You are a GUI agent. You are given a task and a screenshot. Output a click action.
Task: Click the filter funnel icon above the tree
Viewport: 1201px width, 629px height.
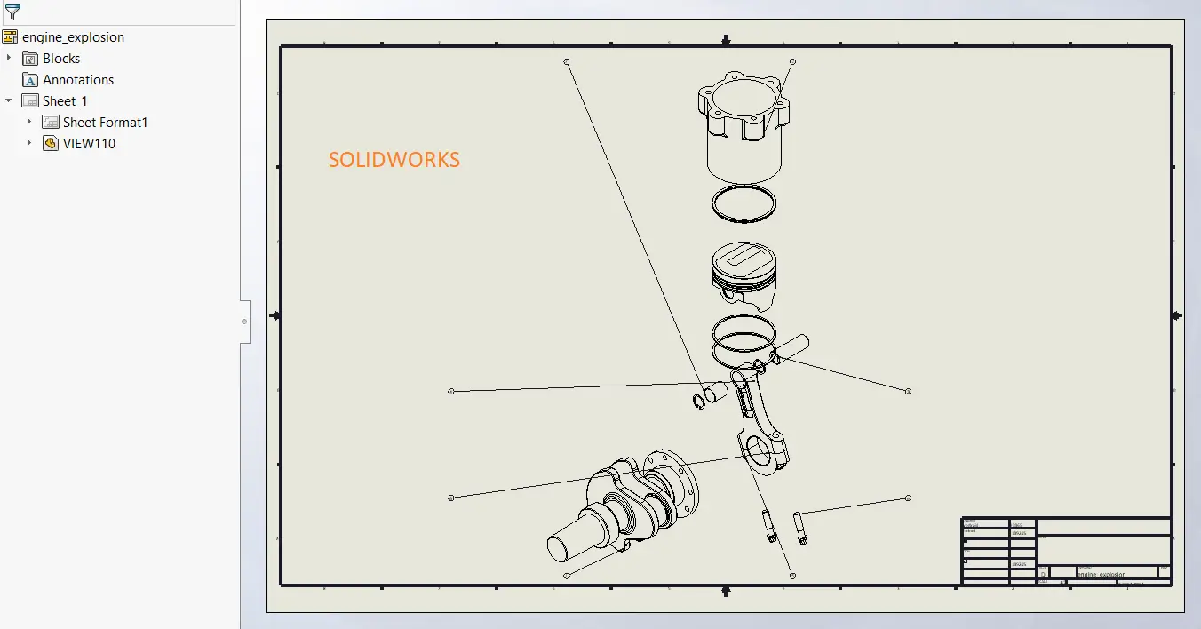coord(12,12)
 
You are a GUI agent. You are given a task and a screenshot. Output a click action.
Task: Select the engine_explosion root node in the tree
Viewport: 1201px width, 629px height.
coord(73,37)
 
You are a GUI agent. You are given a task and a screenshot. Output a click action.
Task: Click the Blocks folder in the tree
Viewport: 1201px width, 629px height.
coord(61,59)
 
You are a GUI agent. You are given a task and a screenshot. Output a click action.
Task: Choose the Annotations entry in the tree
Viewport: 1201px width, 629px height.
coord(78,80)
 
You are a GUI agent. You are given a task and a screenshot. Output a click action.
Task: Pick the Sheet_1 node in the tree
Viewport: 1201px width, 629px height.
coord(65,101)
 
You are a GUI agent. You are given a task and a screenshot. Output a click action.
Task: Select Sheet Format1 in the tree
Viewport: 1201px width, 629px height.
coord(105,123)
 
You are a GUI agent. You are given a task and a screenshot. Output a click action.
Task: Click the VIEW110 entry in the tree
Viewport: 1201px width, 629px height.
coord(89,144)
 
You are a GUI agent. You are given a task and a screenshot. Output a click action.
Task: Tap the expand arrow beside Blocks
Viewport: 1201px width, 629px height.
coord(9,59)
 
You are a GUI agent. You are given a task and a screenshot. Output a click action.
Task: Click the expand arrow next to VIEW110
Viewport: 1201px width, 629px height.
coord(29,144)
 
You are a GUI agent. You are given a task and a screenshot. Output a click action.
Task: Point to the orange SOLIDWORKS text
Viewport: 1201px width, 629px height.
coord(394,160)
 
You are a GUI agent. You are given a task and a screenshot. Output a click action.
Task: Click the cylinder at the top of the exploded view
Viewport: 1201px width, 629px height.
coord(744,129)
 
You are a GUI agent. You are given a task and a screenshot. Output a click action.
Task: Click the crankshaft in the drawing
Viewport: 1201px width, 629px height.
coord(622,506)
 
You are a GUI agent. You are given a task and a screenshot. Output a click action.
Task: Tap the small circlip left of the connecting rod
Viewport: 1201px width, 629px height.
coord(698,402)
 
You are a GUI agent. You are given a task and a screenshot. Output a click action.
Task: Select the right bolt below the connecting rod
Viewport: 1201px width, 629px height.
coord(800,528)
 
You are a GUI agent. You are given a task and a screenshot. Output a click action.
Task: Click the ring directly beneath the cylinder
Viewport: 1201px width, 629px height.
coord(744,204)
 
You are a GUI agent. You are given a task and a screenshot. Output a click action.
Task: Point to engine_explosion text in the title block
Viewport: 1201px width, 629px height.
coord(1102,575)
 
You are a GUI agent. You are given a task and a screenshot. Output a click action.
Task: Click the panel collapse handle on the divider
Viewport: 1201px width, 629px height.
coord(244,322)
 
